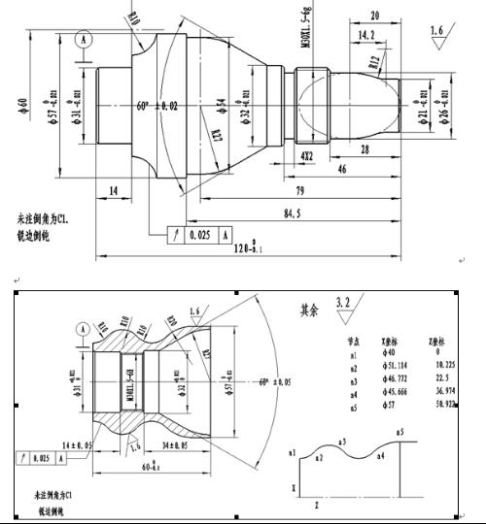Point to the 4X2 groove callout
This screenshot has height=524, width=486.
coord(307,155)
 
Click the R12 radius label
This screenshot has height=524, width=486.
coord(374,62)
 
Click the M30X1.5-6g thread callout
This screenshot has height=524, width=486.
coord(306,29)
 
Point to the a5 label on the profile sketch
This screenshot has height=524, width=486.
coord(399,431)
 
